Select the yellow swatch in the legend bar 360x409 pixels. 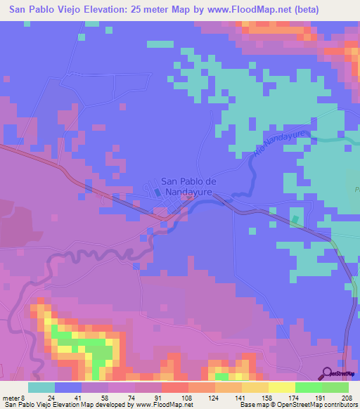click(x=281, y=387)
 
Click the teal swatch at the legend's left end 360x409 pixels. click(x=41, y=387)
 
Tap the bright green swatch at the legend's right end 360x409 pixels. click(x=335, y=387)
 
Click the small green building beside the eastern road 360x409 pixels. click(x=295, y=220)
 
